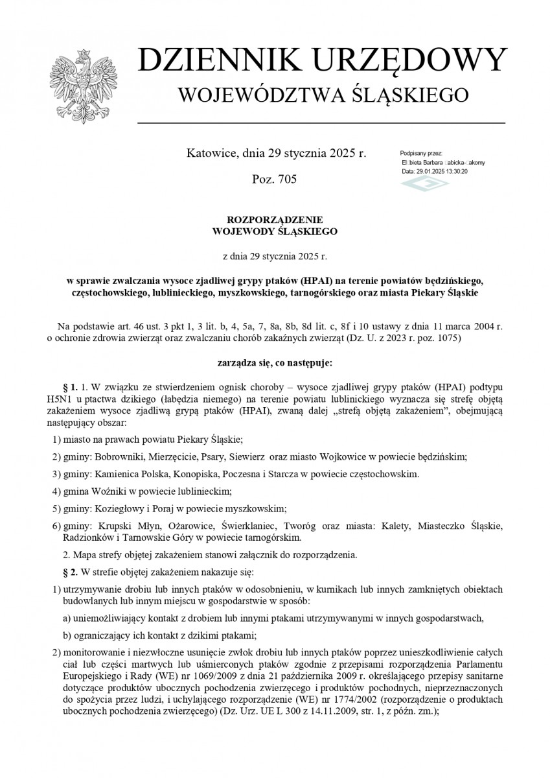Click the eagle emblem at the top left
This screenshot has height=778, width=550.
pyautogui.click(x=81, y=84)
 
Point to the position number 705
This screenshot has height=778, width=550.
pyautogui.click(x=285, y=179)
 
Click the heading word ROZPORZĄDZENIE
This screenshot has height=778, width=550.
pyautogui.click(x=275, y=219)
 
